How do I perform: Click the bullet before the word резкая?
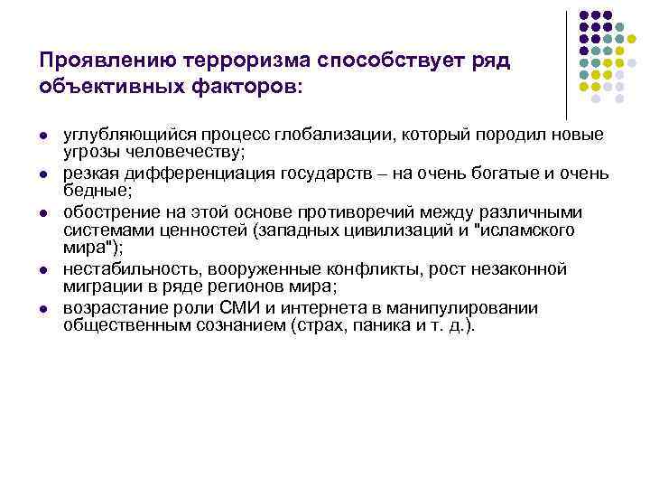(42, 174)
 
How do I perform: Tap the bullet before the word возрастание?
(42, 309)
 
